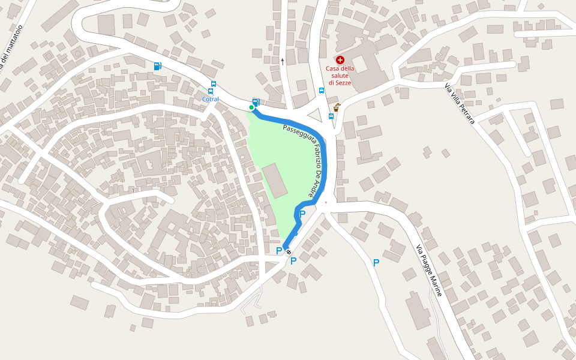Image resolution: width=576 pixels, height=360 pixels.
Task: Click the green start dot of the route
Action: [251, 107]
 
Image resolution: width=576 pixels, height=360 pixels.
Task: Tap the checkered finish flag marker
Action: [288, 251]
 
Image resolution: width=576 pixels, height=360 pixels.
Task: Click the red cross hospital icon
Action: [340, 59]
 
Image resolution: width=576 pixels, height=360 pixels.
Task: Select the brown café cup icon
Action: [337, 107]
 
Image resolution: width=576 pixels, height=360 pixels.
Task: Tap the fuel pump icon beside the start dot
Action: [256, 103]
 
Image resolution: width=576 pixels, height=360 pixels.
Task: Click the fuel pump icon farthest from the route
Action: [157, 66]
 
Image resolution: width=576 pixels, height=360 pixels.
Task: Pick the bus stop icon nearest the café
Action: [331, 116]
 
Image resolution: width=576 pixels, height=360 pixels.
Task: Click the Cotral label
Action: [211, 99]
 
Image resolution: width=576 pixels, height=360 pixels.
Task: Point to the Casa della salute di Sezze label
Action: [340, 75]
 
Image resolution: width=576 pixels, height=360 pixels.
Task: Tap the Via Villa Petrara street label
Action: [460, 104]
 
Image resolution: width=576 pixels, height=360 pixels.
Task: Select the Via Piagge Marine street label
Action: [429, 271]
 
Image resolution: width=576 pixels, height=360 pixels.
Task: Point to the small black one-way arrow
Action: [282, 61]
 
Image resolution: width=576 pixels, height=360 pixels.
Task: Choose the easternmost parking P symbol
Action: [376, 262]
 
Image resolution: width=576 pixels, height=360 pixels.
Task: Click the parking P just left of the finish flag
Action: [279, 251]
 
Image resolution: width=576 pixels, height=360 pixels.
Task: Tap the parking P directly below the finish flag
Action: [293, 261]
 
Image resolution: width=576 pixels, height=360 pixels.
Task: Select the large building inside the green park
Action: [274, 181]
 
